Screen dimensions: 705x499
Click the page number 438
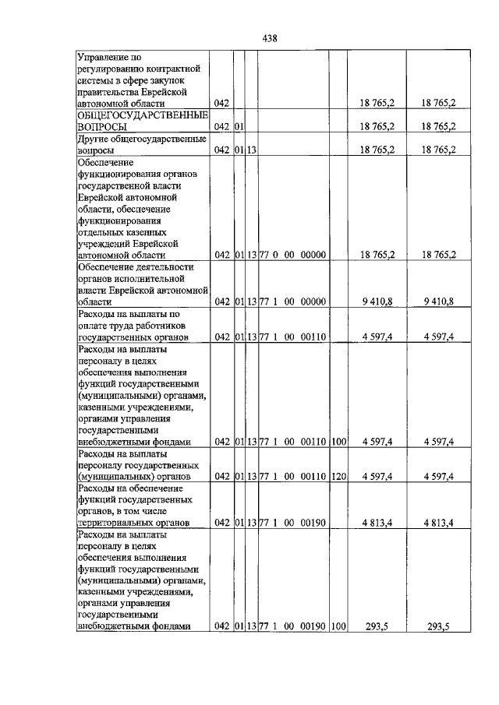(x=270, y=38)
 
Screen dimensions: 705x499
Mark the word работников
(x=175, y=325)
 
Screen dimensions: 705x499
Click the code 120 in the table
(x=338, y=476)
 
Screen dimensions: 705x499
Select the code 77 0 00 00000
(x=292, y=255)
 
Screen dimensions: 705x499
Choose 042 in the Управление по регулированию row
(x=221, y=103)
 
